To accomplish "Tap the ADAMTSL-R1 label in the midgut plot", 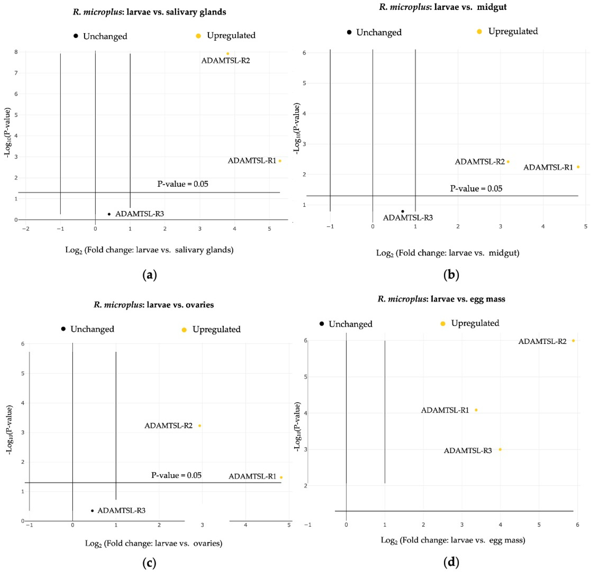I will pos(548,167).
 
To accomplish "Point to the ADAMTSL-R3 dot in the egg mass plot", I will pos(500,450).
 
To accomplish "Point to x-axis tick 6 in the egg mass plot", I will pos(577,525).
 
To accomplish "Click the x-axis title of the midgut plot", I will pos(448,253).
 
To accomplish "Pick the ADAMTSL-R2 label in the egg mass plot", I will pos(542,342).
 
